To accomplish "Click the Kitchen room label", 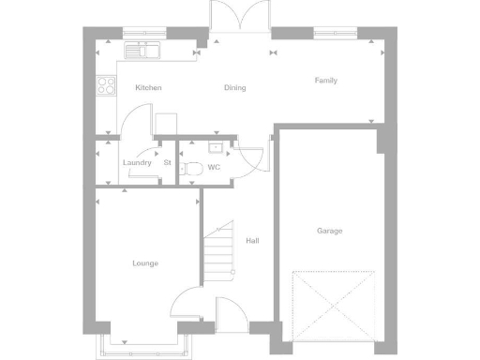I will coord(148,88).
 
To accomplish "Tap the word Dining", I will coord(234,88).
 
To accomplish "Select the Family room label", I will coord(326,81).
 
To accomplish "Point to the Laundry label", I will coord(137,162).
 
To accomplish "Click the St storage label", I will coord(167,162).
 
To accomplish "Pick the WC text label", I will coord(214,168).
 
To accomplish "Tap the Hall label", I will coord(252,241).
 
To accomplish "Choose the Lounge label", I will coord(145,263).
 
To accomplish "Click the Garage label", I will coord(329,231).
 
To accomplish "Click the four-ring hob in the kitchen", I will coord(106,87).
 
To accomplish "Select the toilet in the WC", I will coord(193,169).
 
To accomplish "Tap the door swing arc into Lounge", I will coord(185,302).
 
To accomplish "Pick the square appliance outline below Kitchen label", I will coord(166,125).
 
